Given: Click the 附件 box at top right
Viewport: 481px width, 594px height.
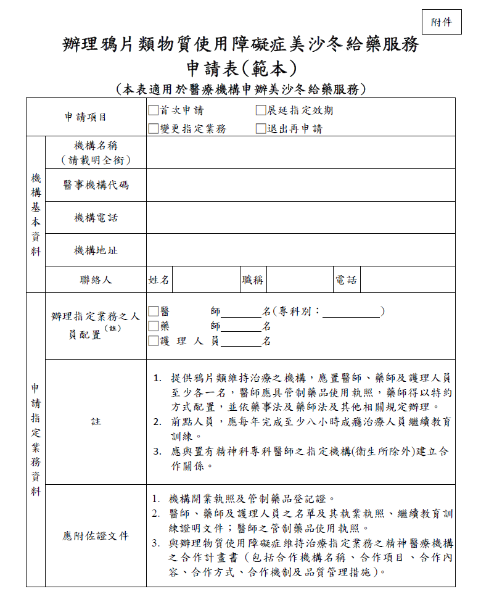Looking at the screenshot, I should click(441, 23).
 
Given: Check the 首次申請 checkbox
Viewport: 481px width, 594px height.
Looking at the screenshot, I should click(153, 111).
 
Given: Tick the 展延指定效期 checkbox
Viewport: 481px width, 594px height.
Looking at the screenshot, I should click(261, 111).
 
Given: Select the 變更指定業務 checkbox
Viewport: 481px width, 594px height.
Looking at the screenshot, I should click(153, 129).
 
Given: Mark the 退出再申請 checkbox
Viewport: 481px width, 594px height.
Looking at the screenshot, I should click(261, 129).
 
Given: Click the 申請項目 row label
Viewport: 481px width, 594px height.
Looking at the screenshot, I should click(86, 117).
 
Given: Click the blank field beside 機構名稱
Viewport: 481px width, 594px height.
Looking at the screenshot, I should click(300, 153).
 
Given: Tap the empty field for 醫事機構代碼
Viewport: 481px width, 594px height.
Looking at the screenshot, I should click(300, 185).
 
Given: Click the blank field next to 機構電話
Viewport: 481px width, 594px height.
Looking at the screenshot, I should click(300, 218).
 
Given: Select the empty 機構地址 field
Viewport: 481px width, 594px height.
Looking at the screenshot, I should click(300, 250).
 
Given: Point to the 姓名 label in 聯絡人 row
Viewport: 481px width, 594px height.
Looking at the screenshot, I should click(158, 280).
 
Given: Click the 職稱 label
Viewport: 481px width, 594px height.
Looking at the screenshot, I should click(253, 280).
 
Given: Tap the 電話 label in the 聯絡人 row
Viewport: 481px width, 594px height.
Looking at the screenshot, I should click(346, 280).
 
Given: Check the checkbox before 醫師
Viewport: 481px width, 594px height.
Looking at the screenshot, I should click(153, 311).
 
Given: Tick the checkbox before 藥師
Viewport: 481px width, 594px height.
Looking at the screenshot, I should click(153, 326).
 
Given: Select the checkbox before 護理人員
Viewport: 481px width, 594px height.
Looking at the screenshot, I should click(153, 341).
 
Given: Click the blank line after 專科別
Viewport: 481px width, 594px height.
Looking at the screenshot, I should click(351, 313).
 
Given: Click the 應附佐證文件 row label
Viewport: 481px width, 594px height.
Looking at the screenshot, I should click(96, 536).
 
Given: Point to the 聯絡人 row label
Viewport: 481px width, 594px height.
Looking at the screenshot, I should click(96, 280).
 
